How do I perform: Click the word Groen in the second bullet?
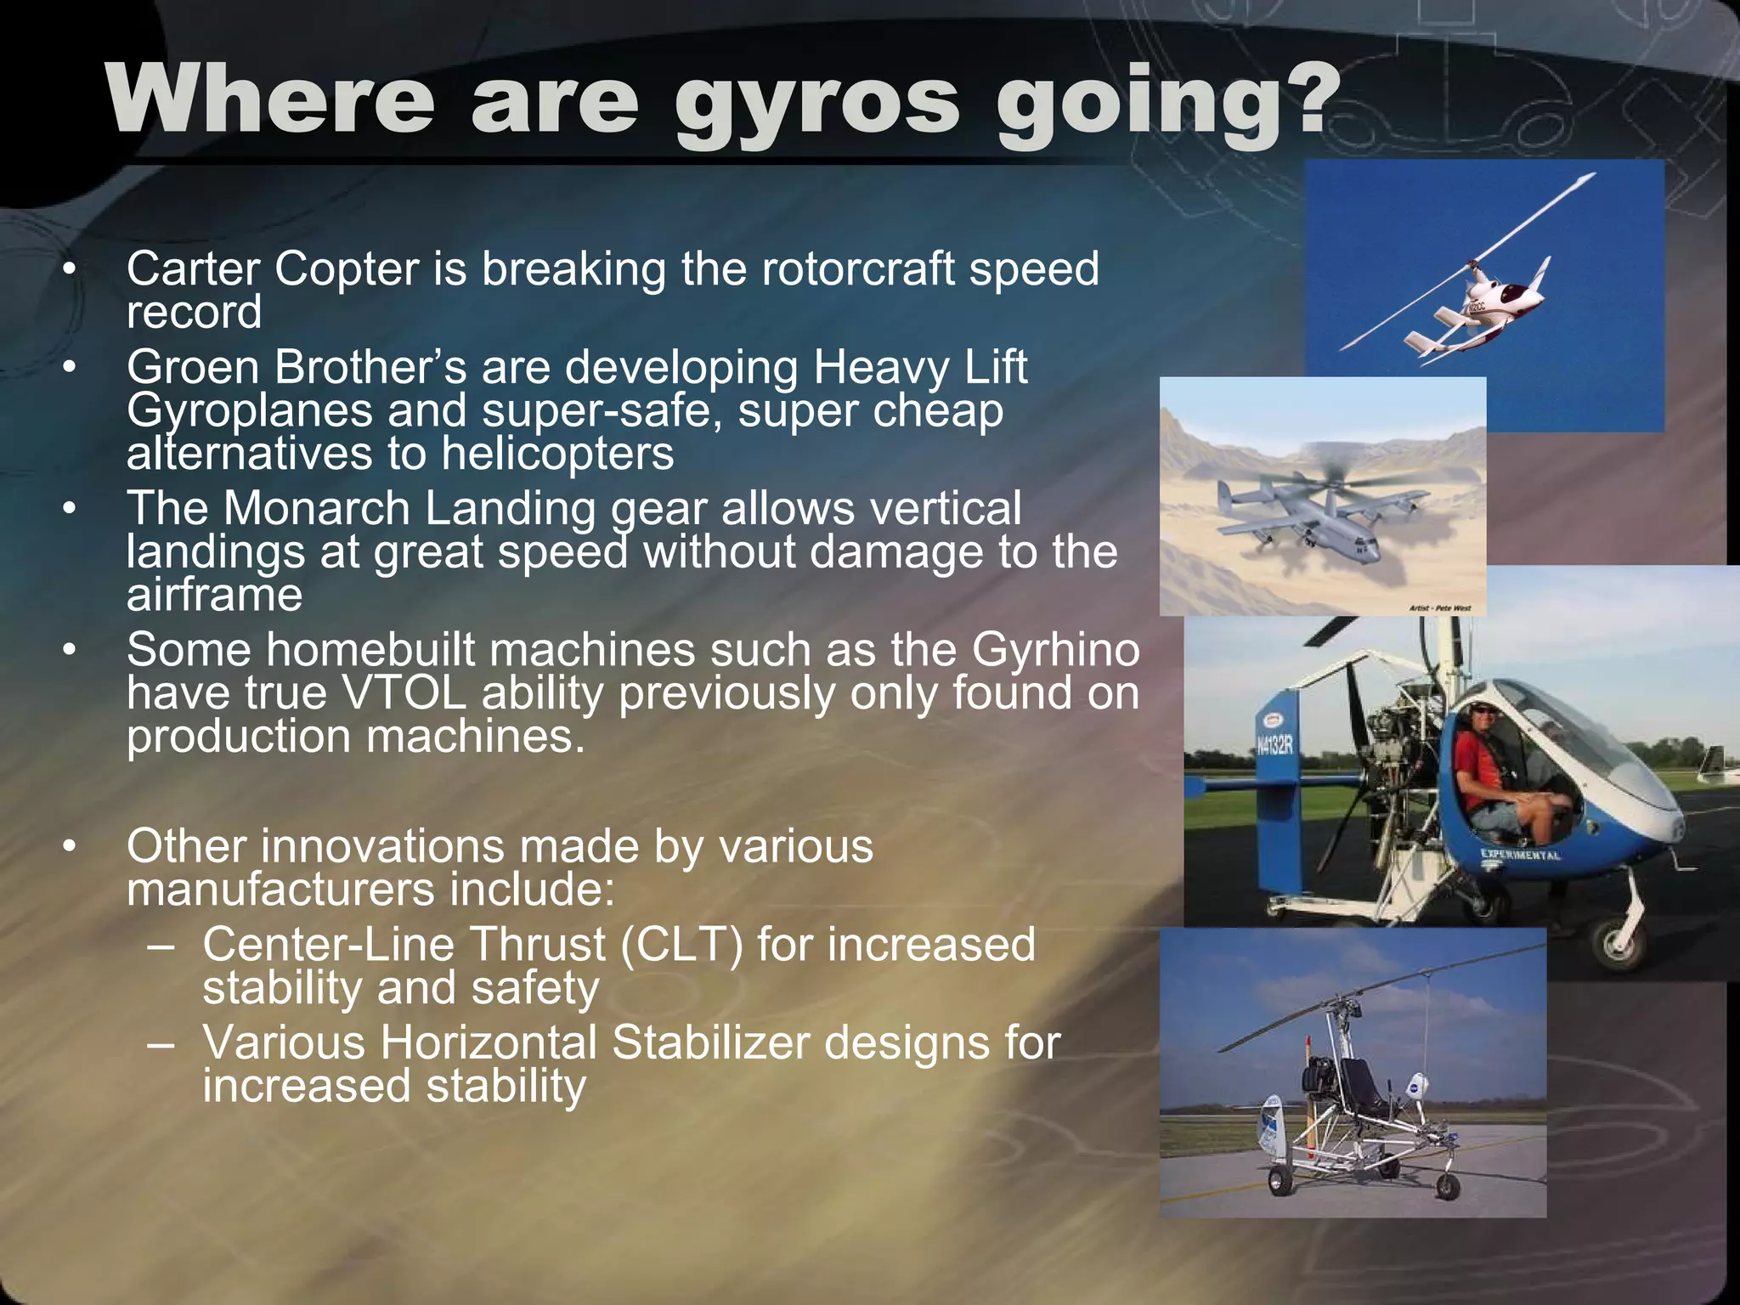(193, 367)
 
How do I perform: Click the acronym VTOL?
(404, 692)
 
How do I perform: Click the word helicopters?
(557, 453)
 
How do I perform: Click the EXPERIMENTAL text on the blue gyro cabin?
(1520, 855)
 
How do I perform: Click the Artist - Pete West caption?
(1439, 608)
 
